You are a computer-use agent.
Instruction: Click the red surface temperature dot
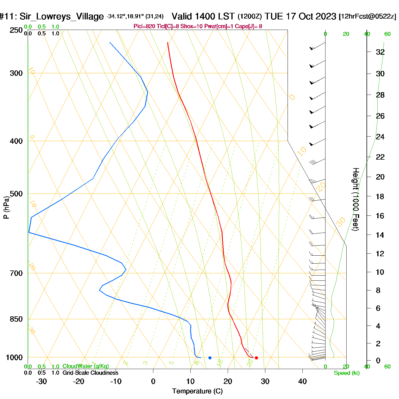coord(256,358)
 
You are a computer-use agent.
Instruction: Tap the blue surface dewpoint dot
coord(210,358)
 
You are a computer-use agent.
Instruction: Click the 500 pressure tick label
coord(16,194)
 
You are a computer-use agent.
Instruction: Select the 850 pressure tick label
coord(16,319)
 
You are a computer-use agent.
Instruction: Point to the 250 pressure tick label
coord(16,30)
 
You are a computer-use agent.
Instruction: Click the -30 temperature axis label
coord(41,381)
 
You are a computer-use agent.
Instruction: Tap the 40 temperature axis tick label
coord(302,381)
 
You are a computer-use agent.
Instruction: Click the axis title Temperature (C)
coord(197,391)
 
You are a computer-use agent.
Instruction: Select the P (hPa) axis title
coord(6,207)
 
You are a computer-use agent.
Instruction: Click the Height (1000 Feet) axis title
coord(356,199)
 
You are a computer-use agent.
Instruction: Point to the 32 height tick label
coord(380,52)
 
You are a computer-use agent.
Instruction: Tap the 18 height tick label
coord(380,196)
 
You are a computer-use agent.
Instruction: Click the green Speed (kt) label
coord(347,373)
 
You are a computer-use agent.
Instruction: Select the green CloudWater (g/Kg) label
coord(85,366)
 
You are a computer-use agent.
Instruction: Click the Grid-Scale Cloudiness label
coord(90,373)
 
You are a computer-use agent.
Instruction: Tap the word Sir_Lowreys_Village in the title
coord(62,17)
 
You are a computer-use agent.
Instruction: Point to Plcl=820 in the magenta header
coord(144,27)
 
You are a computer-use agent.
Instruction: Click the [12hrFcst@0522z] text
coord(367,17)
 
